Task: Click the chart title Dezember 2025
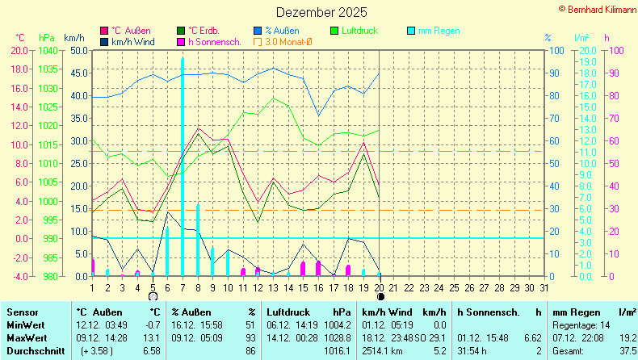[321, 13]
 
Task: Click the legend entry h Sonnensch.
[210, 41]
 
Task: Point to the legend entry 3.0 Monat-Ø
[283, 41]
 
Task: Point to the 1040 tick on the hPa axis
[48, 50]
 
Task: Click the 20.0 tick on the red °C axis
[19, 50]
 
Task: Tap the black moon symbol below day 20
[380, 297]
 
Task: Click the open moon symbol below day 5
[153, 297]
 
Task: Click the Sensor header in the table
[22, 312]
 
